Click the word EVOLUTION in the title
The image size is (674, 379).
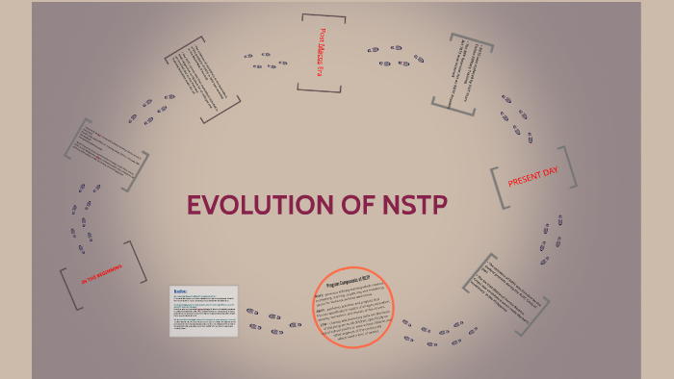251,206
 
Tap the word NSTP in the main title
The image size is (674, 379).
405,206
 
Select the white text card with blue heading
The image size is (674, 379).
203,311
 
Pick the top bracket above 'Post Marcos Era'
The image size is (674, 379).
323,16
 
